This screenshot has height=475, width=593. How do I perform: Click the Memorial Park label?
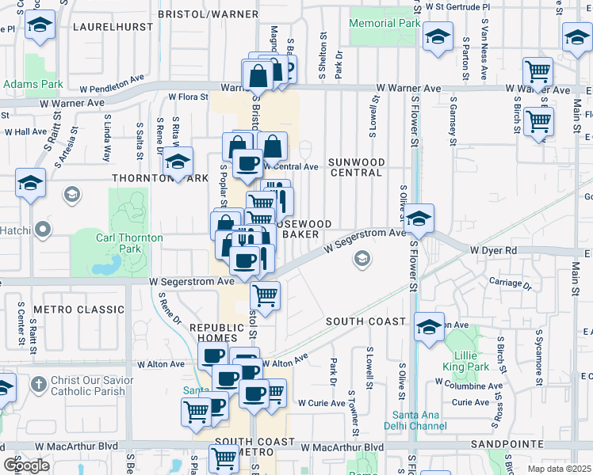click(384, 24)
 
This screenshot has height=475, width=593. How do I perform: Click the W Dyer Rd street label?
click(493, 249)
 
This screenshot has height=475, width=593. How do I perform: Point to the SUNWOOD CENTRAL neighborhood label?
click(357, 167)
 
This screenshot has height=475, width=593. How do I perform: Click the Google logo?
click(26, 465)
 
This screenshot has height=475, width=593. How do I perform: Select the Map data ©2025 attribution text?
click(559, 469)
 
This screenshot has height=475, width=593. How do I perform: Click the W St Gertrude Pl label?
click(458, 6)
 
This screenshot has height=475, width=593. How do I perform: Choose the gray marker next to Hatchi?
click(43, 230)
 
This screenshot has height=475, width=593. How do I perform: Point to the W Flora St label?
click(187, 97)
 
